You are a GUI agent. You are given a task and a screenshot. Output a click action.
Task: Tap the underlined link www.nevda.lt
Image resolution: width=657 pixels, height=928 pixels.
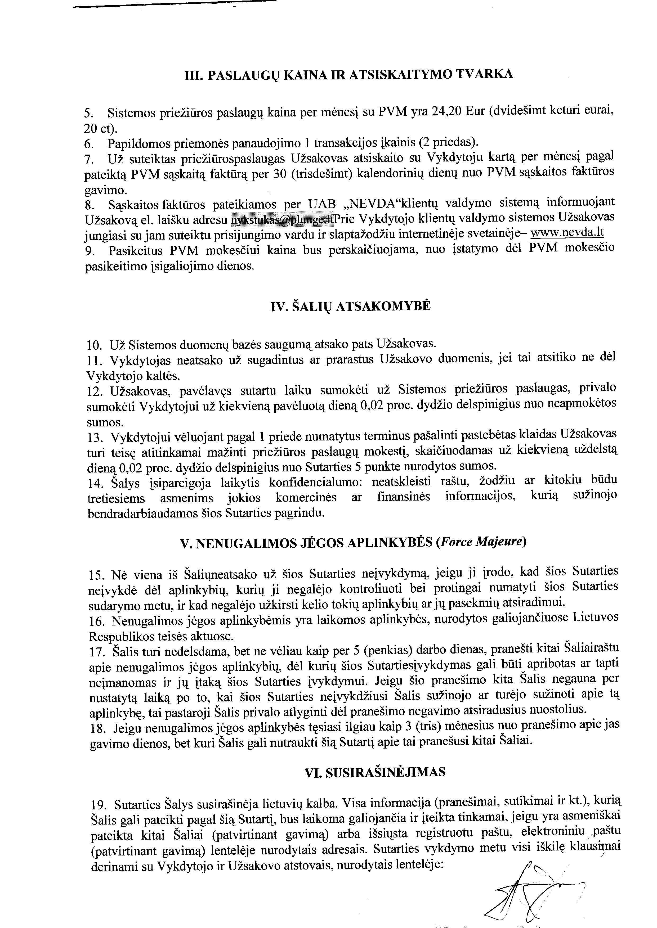(x=567, y=234)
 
